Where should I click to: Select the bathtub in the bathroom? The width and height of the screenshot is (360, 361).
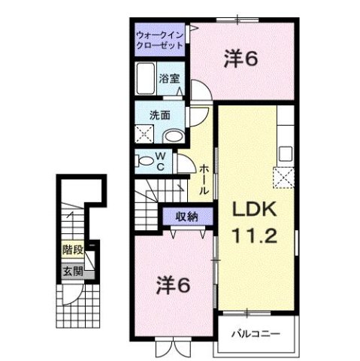[146, 77]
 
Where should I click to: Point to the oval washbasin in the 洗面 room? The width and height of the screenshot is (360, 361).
[172, 136]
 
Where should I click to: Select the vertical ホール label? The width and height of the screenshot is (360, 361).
[203, 180]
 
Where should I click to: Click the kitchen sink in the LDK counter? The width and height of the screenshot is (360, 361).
[286, 153]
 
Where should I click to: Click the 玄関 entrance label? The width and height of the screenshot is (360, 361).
[69, 272]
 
